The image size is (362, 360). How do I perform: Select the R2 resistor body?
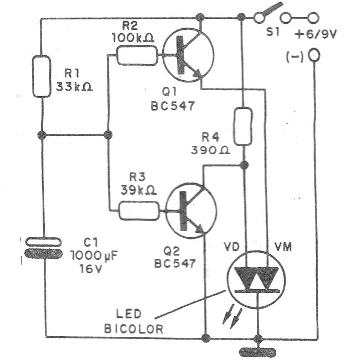tap(131, 55)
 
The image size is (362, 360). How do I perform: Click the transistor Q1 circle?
tap(188, 56)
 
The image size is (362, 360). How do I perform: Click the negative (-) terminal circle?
tap(316, 55)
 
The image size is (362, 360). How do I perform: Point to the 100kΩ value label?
tap(132, 39)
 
